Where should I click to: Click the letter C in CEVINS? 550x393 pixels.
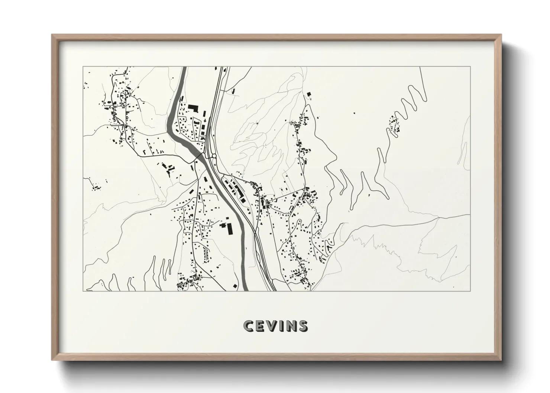point(248,326)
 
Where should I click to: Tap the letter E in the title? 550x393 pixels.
point(261,326)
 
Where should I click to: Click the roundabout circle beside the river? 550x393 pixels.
point(214,156)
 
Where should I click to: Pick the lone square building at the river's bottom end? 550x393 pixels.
point(235,286)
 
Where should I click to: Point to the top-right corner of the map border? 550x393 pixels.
point(470,67)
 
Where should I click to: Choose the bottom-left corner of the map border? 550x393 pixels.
point(83,291)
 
